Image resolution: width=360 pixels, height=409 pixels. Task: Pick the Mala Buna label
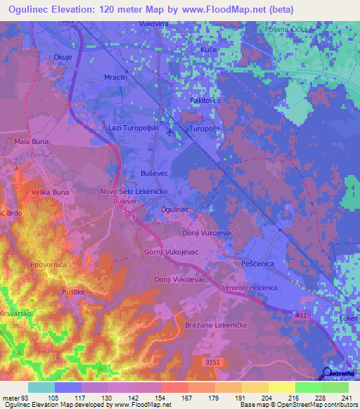point(30,141)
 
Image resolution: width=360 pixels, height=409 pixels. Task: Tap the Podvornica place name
point(49,265)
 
